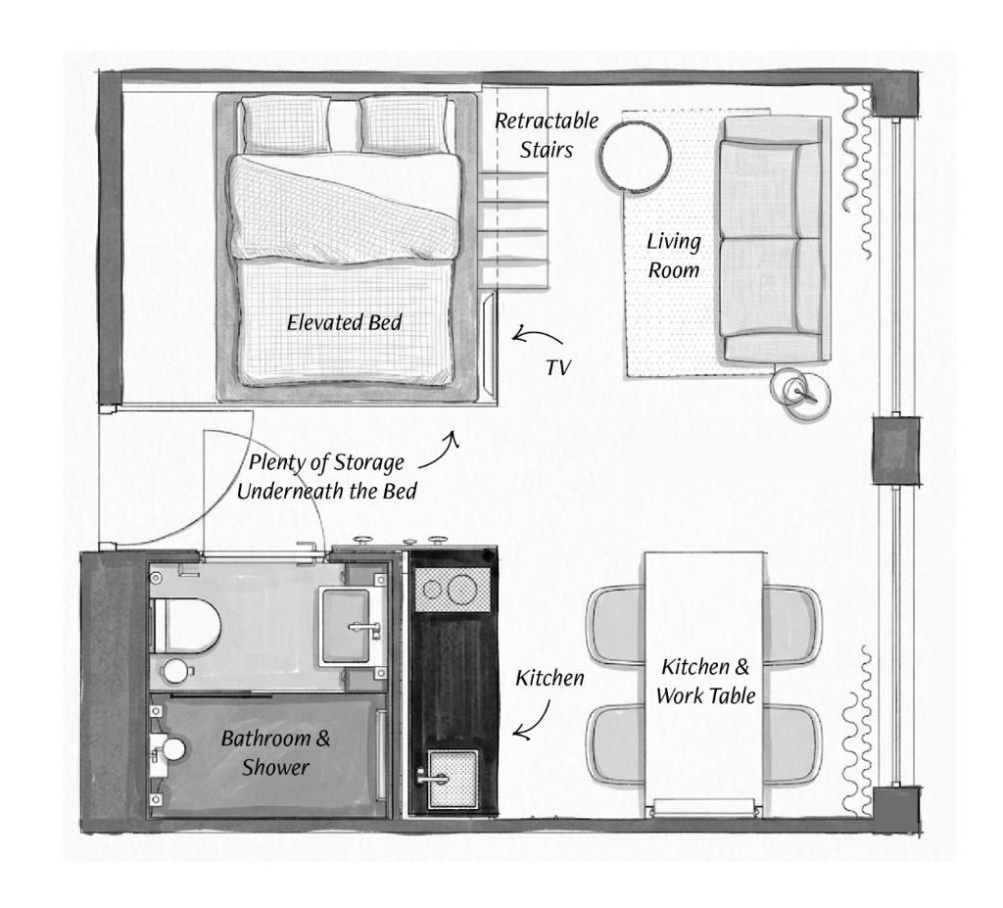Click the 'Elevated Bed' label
(x=344, y=322)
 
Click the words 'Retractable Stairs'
(x=547, y=135)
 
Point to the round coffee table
(x=635, y=156)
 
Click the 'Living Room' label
(x=674, y=256)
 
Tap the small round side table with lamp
(x=800, y=392)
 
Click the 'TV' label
(x=557, y=368)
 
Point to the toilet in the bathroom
(x=185, y=625)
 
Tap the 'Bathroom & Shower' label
(x=275, y=752)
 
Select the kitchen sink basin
(x=453, y=779)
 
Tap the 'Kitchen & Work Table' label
(x=705, y=681)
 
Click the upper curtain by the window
(x=857, y=171)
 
